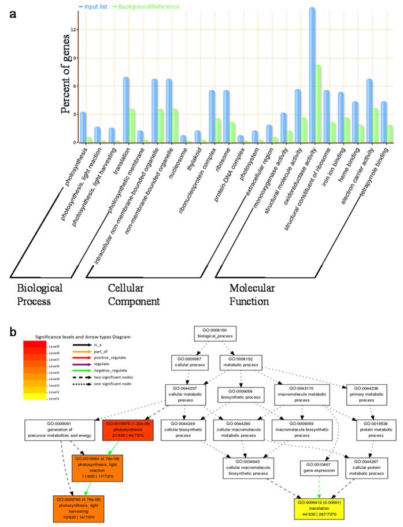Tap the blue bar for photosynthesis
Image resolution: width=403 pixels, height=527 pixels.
click(83, 127)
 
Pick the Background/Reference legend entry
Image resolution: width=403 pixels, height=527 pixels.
click(145, 6)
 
